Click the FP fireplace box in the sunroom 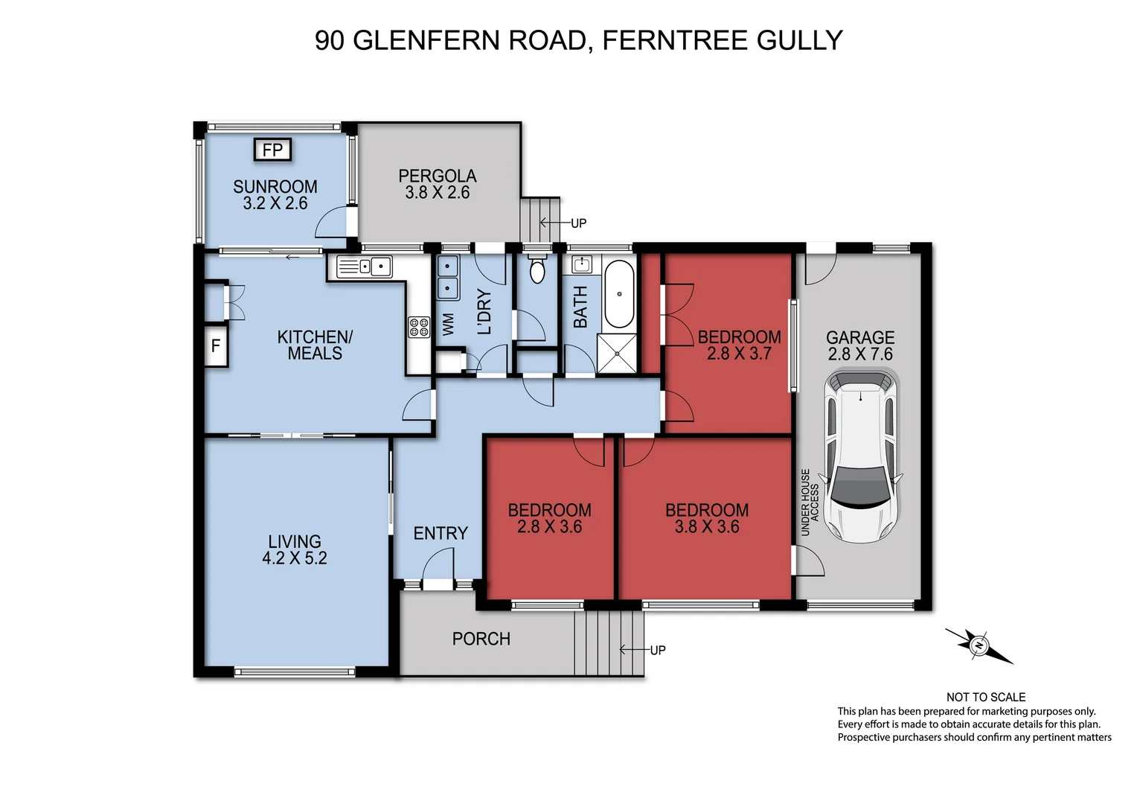click(x=272, y=150)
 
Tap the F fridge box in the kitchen click(x=216, y=346)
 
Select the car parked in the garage click(x=861, y=457)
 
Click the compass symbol click(x=979, y=645)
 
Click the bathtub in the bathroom click(x=618, y=293)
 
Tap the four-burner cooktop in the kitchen click(x=419, y=327)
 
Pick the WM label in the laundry click(x=448, y=324)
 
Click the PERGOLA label click(x=438, y=176)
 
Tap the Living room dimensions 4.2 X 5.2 click(x=295, y=558)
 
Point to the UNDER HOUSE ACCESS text click(x=810, y=502)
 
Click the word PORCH click(x=481, y=639)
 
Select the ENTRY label click(x=441, y=533)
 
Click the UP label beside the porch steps click(x=657, y=650)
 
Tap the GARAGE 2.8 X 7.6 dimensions click(x=860, y=354)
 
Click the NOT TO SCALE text click(x=985, y=697)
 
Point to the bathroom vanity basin click(x=582, y=264)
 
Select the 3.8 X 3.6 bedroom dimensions click(x=707, y=527)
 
